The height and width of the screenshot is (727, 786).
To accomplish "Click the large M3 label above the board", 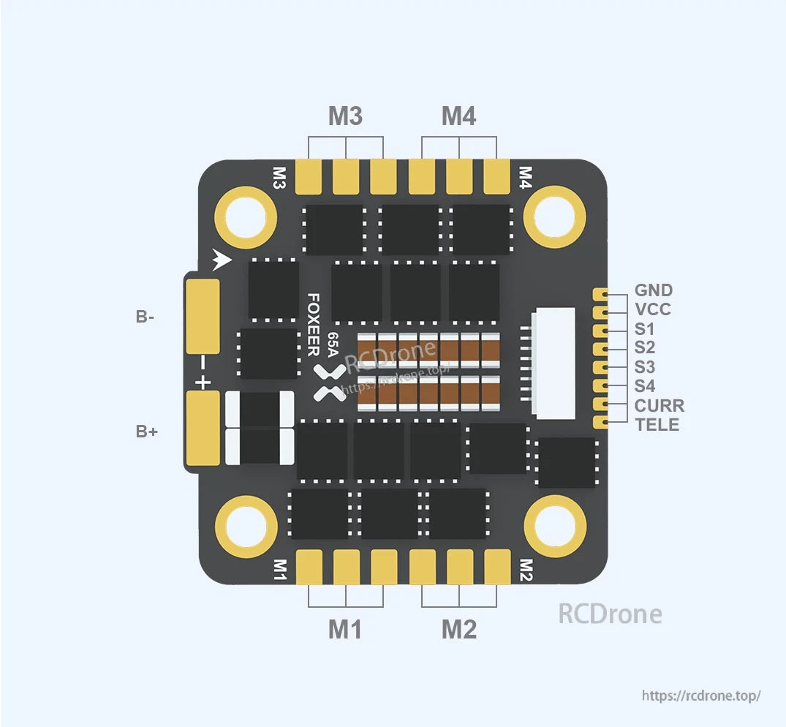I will pos(345,116).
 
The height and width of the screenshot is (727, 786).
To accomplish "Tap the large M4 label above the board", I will pos(459,116).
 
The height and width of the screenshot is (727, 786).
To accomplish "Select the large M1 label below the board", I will pos(345,629).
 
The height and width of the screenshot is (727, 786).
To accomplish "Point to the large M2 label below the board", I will pos(459,629).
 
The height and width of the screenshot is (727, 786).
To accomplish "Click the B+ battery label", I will pos(146,432).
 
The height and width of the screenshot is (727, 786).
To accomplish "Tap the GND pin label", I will pos(653,290).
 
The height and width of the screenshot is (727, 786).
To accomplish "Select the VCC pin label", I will pos(652,309).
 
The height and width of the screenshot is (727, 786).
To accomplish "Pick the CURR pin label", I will pos(659,405).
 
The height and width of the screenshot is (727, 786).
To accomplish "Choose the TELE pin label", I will pos(657,425).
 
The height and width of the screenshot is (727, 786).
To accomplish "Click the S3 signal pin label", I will pos(644,367).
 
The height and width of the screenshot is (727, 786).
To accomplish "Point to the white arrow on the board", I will pos(222,259).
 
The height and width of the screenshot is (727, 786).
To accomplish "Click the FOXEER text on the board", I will pos(313,325).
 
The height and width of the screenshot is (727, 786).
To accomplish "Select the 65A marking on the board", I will pos(333,344).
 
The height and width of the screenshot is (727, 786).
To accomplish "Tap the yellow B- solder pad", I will pos(203,317).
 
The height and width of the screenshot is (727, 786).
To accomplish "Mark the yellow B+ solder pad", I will pos(203,429).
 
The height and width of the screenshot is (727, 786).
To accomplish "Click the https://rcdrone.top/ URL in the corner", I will pos(701,695).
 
